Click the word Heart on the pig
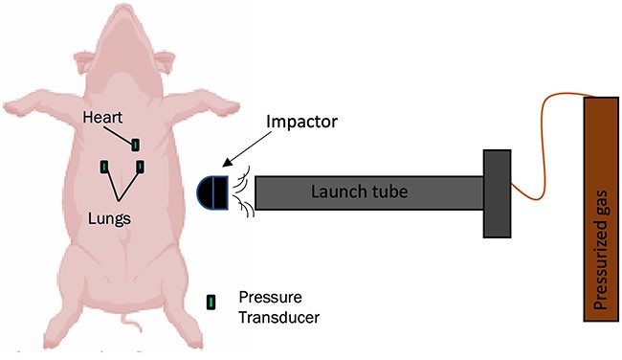point(102,118)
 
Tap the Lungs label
point(109,218)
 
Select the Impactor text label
point(301,122)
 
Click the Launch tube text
point(360,191)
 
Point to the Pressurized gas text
point(602,250)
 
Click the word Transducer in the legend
point(279,318)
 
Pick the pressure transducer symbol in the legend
point(211,303)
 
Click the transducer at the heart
point(136,145)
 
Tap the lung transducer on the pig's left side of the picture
point(104,167)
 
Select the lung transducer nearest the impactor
point(141,167)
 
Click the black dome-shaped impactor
point(213,192)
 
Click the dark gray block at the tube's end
point(497,193)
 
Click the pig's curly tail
point(131,323)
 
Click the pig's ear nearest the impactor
point(165,61)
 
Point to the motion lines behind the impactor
point(242,191)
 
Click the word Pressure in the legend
point(270,298)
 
